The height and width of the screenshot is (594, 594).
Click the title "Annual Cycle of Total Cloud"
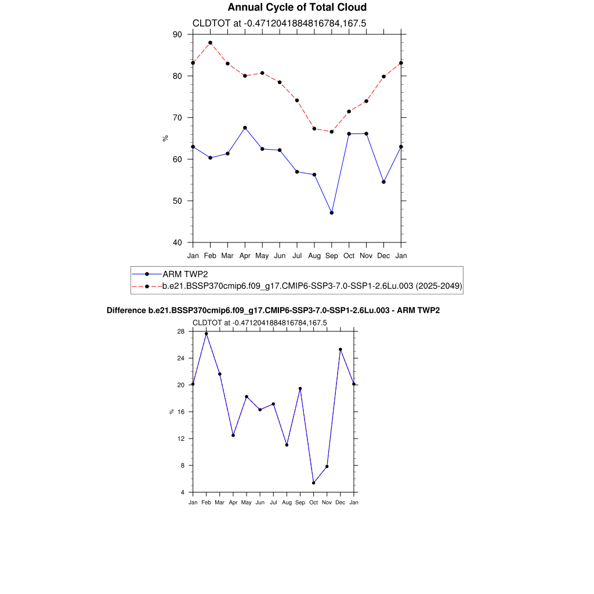(x=297, y=8)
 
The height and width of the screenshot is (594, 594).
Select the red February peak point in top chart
(x=210, y=43)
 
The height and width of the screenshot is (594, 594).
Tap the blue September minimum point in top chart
(x=332, y=213)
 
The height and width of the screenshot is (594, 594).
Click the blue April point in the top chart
(x=245, y=128)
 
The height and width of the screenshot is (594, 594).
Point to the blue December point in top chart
(x=384, y=182)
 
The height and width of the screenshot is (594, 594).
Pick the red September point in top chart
(x=332, y=132)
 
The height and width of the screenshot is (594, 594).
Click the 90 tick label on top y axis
(x=177, y=34)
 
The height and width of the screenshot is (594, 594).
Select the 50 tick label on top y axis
(x=177, y=201)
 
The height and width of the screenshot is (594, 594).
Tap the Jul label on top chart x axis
(x=297, y=255)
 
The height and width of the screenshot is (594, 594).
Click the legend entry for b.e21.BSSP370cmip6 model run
(x=312, y=286)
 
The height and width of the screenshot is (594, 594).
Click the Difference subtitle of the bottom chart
(x=273, y=311)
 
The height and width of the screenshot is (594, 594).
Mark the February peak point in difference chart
(x=206, y=334)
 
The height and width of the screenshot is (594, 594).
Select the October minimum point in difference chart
(x=314, y=483)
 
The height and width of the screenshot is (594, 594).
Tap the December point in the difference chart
(x=341, y=349)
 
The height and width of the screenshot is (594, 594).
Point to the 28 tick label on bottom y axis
(x=181, y=331)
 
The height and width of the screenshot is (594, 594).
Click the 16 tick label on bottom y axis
(x=181, y=412)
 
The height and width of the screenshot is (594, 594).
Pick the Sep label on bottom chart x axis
(x=300, y=502)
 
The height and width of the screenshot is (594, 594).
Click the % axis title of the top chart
(x=165, y=138)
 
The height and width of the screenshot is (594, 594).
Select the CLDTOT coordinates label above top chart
(x=279, y=23)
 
